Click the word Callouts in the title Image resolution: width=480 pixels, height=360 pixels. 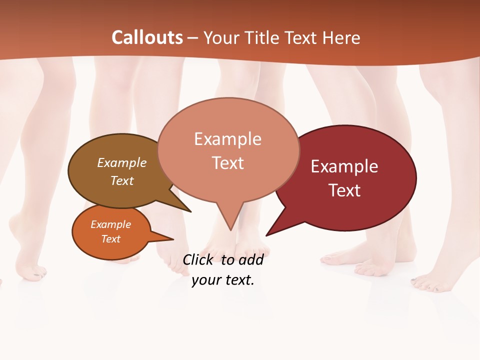[147, 37]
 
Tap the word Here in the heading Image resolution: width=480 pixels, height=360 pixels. [341, 37]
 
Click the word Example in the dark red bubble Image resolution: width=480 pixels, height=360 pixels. [344, 166]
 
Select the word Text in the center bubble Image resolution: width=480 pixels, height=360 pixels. [228, 162]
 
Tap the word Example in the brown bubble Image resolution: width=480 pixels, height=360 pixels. [122, 162]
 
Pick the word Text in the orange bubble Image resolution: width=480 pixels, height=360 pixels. [111, 239]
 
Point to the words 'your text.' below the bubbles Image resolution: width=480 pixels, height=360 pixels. [223, 279]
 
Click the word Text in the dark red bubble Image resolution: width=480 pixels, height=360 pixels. [344, 190]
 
